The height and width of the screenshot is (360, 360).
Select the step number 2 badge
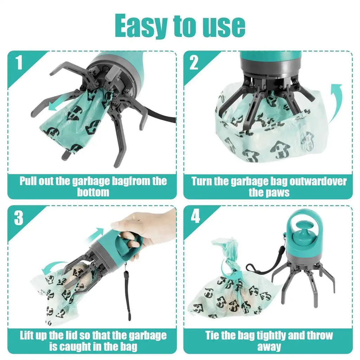coord(194,63)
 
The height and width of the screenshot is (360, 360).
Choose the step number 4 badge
coord(195,217)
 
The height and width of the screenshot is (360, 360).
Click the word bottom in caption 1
coord(93,193)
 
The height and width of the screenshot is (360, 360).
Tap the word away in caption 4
coord(269,347)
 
